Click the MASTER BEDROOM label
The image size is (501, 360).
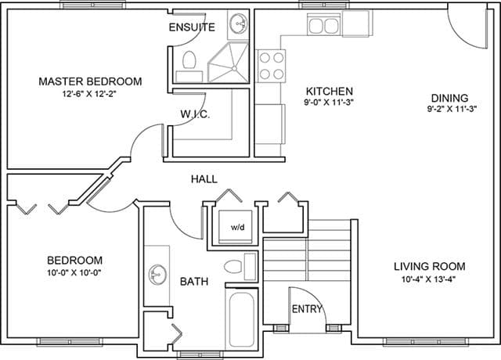click(91, 81)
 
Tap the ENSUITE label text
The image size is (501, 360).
click(192, 27)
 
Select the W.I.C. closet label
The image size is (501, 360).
click(195, 114)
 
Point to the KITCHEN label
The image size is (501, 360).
click(330, 92)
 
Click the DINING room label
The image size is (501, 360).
click(449, 98)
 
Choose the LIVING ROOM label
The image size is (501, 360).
click(429, 266)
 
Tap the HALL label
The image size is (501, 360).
click(204, 179)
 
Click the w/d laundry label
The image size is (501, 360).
click(238, 228)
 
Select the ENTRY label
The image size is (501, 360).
click(307, 309)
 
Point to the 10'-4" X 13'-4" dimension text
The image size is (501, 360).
click(428, 279)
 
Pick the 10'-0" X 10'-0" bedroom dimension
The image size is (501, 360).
click(74, 273)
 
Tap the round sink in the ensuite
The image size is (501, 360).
click(239, 23)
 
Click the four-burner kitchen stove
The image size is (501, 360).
click(272, 66)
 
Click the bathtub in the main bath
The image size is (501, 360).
click(242, 319)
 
